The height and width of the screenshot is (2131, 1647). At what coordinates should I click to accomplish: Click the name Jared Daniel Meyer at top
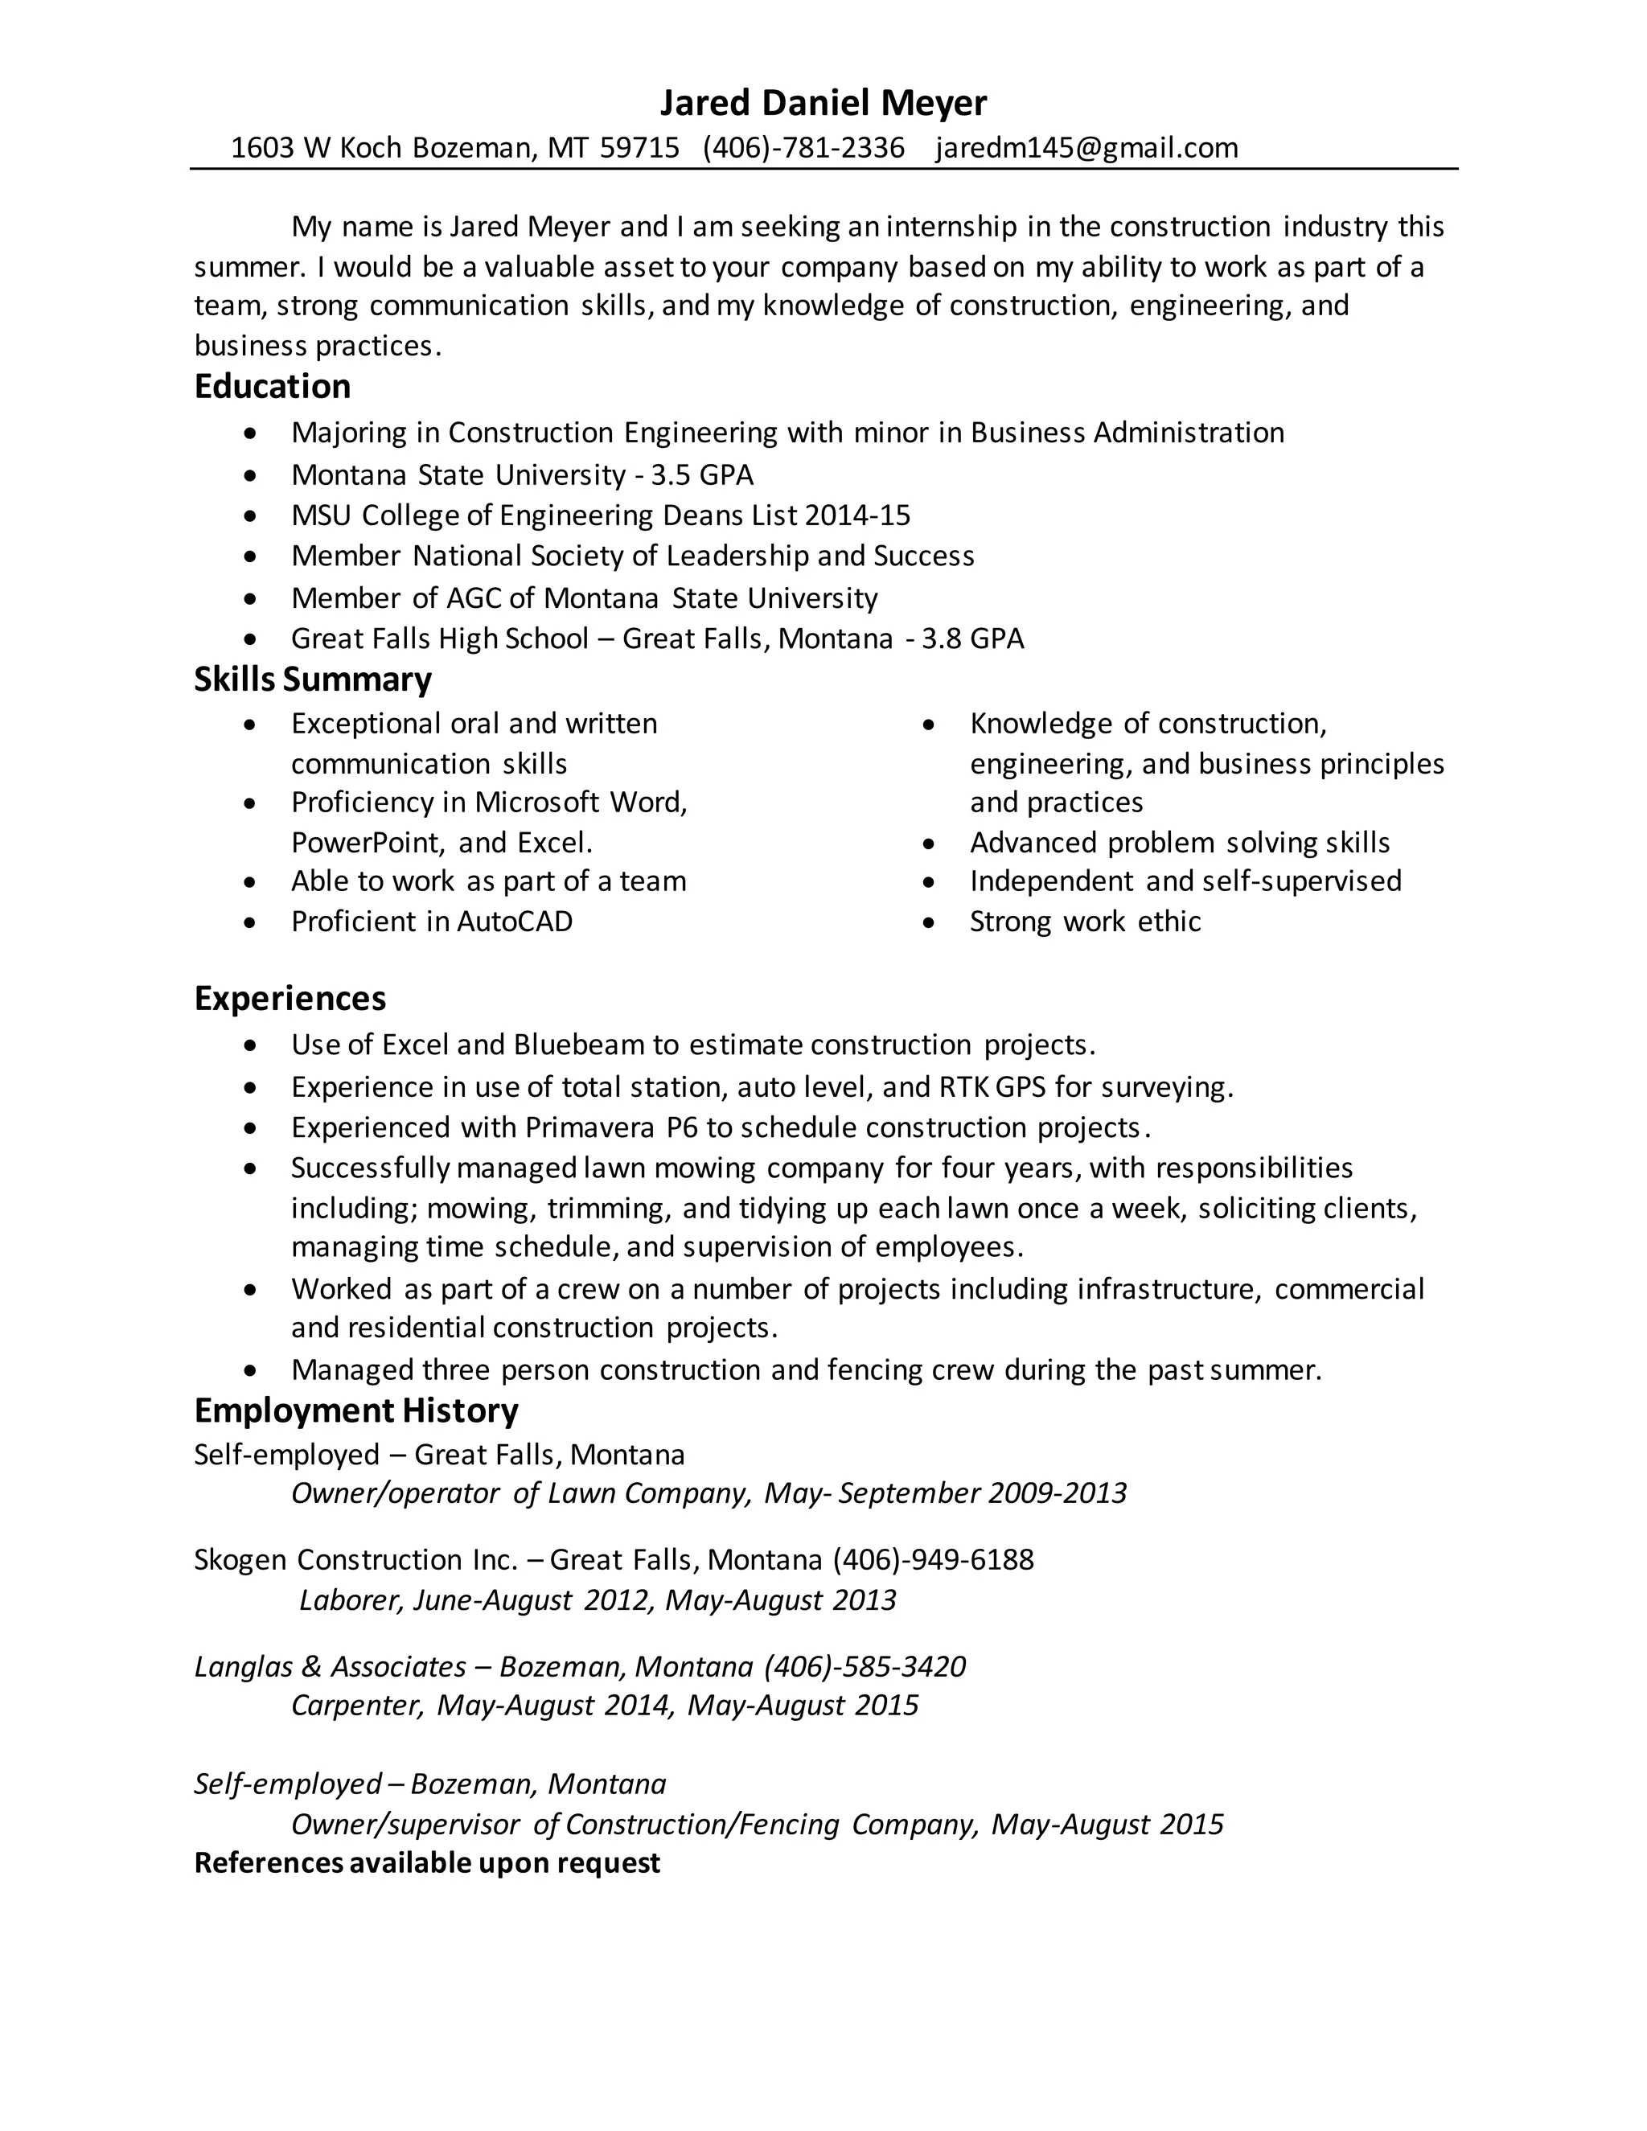(823, 102)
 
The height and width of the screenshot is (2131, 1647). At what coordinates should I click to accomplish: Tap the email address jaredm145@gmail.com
(1086, 147)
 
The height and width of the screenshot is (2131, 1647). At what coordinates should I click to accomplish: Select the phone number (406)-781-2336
(803, 147)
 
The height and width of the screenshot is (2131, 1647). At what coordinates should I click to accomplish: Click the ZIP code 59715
(639, 147)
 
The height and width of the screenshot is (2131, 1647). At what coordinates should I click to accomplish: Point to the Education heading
(273, 386)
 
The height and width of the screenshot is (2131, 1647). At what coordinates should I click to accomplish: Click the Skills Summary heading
(312, 680)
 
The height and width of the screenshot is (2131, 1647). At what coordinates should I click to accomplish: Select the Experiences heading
(290, 998)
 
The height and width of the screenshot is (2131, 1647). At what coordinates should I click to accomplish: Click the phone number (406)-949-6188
(933, 1560)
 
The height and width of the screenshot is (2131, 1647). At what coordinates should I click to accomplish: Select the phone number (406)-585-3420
(865, 1666)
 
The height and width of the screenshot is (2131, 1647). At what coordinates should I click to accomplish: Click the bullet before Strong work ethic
(929, 922)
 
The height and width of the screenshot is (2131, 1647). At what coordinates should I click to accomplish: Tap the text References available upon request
(427, 1862)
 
